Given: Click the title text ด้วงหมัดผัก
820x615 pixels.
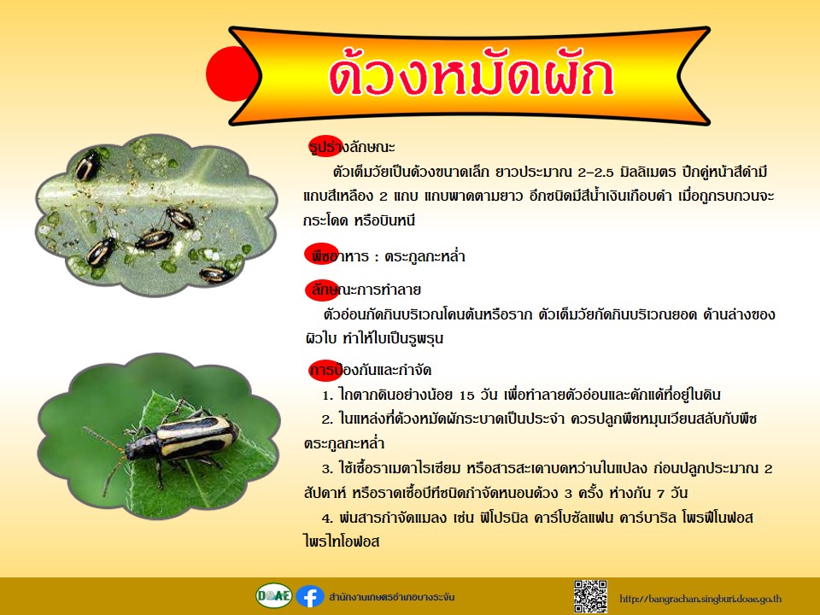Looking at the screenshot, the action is pos(471,78).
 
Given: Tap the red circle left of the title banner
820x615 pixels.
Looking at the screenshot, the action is pos(230,73).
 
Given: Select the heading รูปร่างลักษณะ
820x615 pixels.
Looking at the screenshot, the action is pos(352,147).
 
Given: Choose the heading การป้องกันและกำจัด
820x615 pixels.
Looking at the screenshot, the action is pos(371,370).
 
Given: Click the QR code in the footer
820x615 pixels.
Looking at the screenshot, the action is pos(590,596).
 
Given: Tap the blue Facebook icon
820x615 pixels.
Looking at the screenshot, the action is pos(310,596).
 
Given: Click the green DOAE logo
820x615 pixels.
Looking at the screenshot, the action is pos(274,595).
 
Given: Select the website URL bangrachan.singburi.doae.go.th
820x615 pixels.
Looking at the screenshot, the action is pos(700,598).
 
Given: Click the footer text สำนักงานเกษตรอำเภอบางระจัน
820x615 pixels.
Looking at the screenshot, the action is pos(392,597).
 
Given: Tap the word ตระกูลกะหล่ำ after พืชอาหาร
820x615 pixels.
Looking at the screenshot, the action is pos(425,256).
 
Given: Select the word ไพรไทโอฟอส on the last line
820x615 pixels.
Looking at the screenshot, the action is pos(342,542).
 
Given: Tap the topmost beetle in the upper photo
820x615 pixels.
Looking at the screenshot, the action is pos(87,165).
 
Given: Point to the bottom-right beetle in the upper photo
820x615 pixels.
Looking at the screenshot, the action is pos(216,274).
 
